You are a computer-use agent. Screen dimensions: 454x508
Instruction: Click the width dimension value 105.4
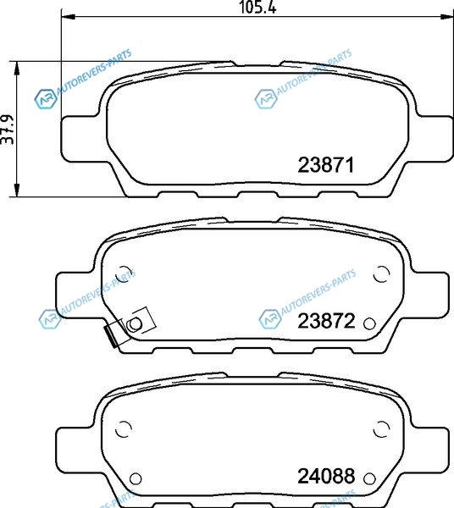(x=257, y=7)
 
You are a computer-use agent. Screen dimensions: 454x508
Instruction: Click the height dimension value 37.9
(x=8, y=129)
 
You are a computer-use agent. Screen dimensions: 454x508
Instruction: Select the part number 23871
(x=325, y=165)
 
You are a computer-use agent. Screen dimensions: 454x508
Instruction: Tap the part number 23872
(x=326, y=322)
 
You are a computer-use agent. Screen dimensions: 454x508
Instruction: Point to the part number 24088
(x=326, y=476)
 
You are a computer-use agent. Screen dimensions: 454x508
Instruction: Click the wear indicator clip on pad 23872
(x=129, y=327)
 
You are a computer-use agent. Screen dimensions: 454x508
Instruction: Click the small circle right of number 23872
(x=369, y=323)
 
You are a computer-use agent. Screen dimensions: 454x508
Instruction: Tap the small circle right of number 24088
(x=369, y=478)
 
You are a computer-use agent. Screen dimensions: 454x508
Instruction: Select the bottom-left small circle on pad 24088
(x=136, y=478)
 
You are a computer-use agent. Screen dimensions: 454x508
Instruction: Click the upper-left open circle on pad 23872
(x=124, y=274)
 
